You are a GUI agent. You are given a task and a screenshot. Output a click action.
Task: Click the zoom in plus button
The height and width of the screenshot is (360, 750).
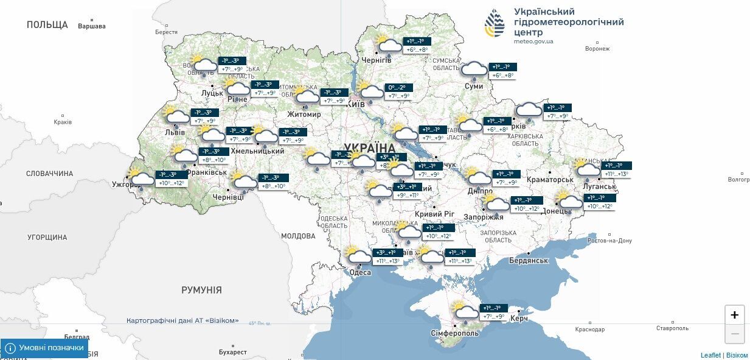pyautogui.click(x=734, y=315)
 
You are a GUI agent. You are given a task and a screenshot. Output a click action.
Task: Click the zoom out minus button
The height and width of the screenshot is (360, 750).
pyautogui.click(x=734, y=334)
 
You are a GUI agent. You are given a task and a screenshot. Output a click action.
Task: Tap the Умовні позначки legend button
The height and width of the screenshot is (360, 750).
pyautogui.click(x=44, y=348)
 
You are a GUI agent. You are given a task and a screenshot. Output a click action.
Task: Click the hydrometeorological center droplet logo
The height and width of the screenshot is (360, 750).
pyautogui.click(x=495, y=24)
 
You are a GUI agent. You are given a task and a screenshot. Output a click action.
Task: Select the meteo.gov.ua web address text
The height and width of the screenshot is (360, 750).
pyautogui.click(x=533, y=41)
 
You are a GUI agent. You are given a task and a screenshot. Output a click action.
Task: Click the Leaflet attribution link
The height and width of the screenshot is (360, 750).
pyautogui.click(x=710, y=355)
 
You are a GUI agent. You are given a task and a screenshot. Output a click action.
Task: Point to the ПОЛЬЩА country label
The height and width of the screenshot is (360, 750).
pyautogui.click(x=47, y=25)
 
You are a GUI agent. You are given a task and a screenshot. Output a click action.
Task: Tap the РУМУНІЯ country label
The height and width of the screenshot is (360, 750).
pyautogui.click(x=201, y=290)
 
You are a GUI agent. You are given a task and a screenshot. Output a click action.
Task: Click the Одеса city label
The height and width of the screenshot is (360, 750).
pyautogui.click(x=360, y=272)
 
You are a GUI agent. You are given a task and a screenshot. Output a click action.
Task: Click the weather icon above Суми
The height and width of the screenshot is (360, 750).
pyautogui.click(x=473, y=70)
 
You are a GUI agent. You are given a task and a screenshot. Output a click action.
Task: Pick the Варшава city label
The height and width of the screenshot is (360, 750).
pyautogui.click(x=92, y=26)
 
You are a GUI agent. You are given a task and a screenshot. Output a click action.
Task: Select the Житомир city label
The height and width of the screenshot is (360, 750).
pyautogui.click(x=304, y=115)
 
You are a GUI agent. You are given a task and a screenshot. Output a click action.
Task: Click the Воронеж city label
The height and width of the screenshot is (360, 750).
pyautogui.click(x=597, y=49)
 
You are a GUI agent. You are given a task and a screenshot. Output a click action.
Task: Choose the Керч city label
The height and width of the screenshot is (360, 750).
pyautogui.click(x=519, y=319)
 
